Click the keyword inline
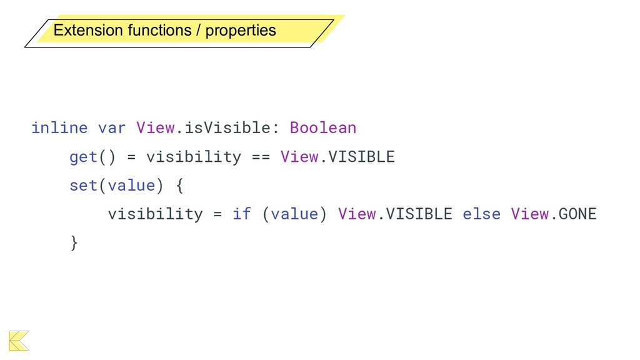coord(59,128)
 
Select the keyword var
coord(112,128)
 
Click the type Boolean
coord(323,128)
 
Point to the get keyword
coord(83,157)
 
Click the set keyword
coord(83,186)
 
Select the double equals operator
coord(261,157)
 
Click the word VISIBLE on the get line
coord(362,157)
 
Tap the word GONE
coord(577,214)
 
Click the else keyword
coord(481,214)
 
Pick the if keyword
coord(242,214)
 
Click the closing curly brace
coord(74,242)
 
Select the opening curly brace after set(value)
coord(179,186)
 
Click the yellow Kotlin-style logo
coord(19,340)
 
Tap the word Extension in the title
coord(88,30)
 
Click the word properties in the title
coord(241,31)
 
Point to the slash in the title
coord(199,30)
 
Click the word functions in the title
coord(159,30)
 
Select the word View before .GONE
coord(529,214)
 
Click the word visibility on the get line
coord(193,157)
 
